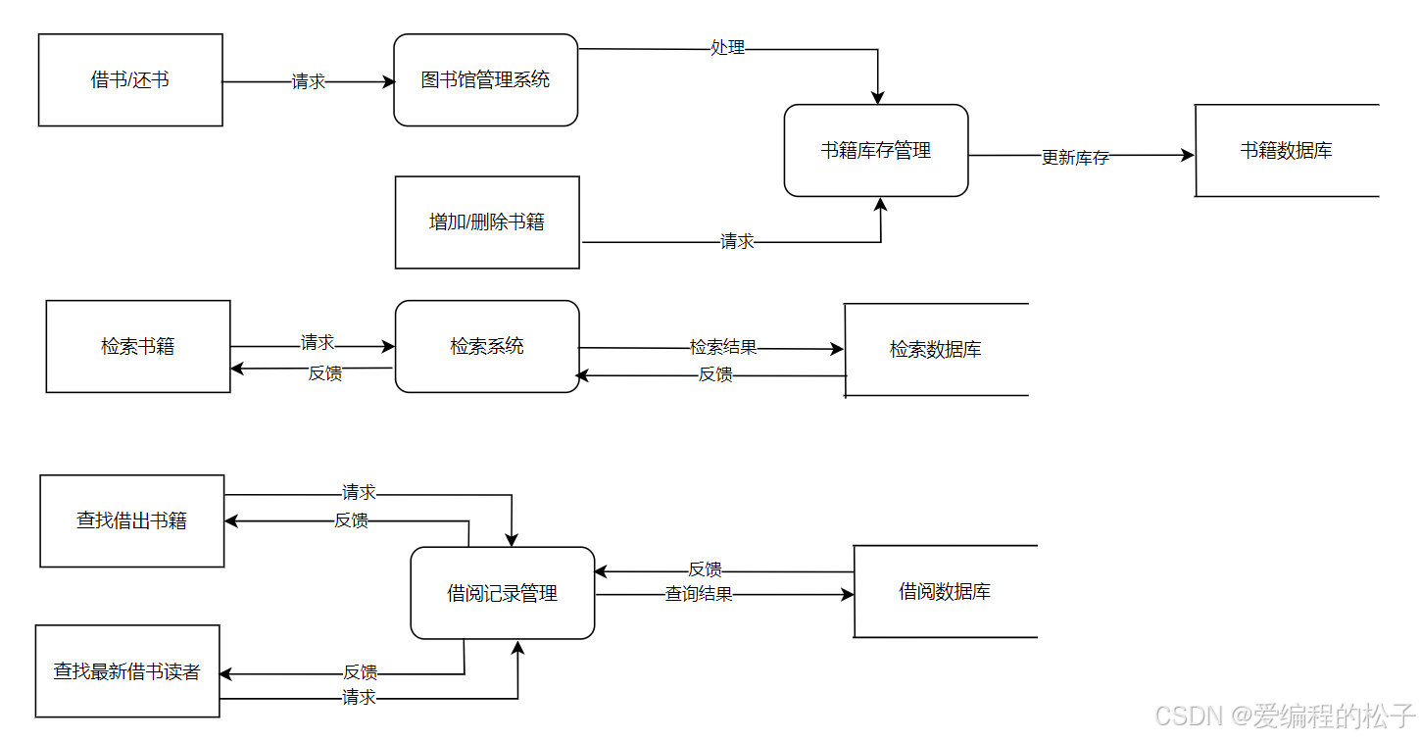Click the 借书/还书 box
click(130, 80)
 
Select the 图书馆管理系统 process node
click(485, 80)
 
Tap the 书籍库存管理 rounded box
click(876, 151)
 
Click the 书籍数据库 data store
click(1286, 151)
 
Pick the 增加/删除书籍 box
click(487, 222)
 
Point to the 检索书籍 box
click(138, 347)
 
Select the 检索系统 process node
click(487, 347)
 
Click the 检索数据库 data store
click(936, 350)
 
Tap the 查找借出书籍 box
click(132, 521)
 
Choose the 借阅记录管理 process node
click(502, 593)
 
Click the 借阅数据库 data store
click(945, 592)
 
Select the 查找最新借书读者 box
click(127, 671)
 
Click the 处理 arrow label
click(727, 47)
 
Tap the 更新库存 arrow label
click(1075, 158)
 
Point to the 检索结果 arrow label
click(723, 347)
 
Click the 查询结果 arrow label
click(699, 594)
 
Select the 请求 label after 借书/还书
click(309, 82)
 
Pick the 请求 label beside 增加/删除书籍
click(737, 241)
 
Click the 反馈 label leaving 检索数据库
click(715, 374)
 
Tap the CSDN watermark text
click(1285, 716)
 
